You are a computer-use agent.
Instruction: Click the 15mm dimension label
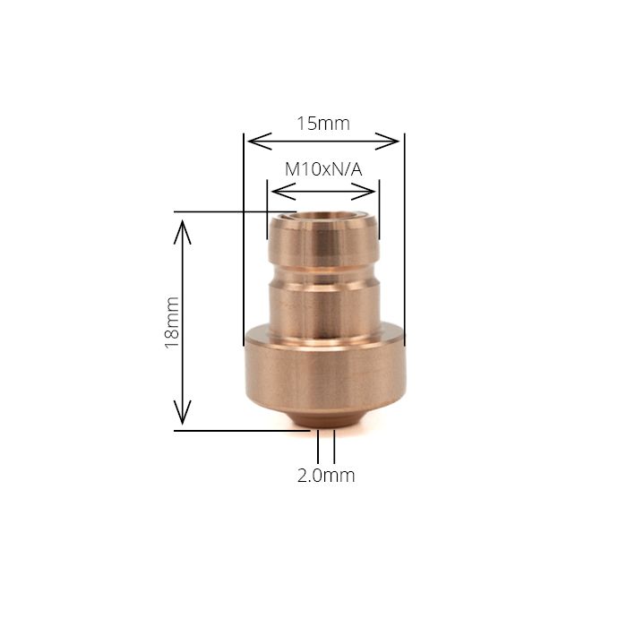pyautogui.click(x=323, y=124)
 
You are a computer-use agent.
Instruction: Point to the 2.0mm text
pyautogui.click(x=326, y=476)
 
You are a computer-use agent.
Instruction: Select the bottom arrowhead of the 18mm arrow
pyautogui.click(x=183, y=417)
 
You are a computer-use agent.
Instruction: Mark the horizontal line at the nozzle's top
pyautogui.click(x=233, y=212)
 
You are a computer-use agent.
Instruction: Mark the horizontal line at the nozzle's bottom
pyautogui.click(x=242, y=430)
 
